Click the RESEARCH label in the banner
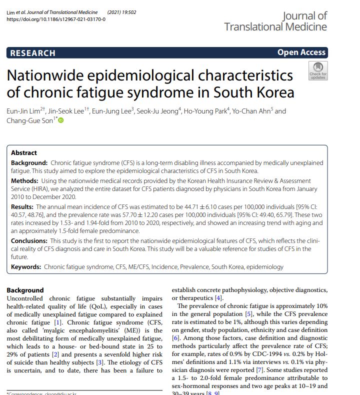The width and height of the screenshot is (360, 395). [x=32, y=53]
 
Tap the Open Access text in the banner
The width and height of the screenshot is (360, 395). [x=301, y=52]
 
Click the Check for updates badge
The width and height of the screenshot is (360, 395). [x=317, y=71]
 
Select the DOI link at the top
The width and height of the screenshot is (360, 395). [x=55, y=19]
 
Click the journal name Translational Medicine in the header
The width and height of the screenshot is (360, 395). [x=275, y=26]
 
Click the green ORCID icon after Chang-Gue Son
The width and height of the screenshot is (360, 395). [x=61, y=120]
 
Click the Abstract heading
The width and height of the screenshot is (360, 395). [x=24, y=153]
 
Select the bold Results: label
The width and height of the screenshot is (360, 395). [x=23, y=206]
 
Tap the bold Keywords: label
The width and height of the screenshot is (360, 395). [x=26, y=267]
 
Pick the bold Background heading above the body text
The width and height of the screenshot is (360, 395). [x=25, y=290]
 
